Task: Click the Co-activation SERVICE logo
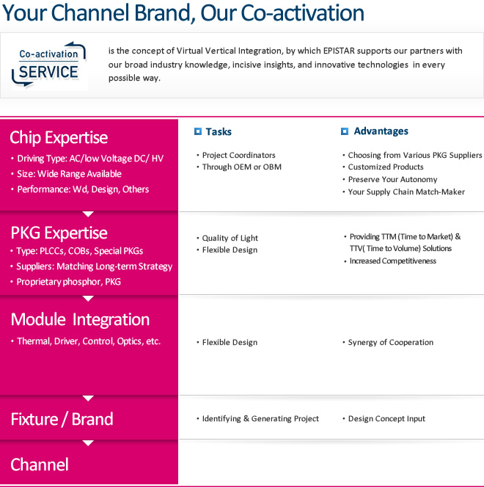(49, 65)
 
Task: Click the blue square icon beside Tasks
(198, 131)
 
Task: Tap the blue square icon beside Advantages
(345, 131)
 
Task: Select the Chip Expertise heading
(59, 137)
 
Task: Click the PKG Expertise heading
(59, 233)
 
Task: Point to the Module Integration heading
(80, 320)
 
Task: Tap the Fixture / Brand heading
(62, 419)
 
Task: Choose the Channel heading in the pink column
(40, 465)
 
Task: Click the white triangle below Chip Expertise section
(88, 214)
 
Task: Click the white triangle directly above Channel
(88, 443)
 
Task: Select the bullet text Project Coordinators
(239, 155)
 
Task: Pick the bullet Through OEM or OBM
(242, 167)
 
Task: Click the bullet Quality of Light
(230, 238)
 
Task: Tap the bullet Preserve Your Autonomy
(392, 180)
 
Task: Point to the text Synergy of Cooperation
(391, 343)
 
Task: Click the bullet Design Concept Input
(386, 418)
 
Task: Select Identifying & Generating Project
(260, 418)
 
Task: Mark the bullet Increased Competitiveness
(393, 261)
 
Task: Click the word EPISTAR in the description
(339, 51)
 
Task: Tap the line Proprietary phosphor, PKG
(69, 282)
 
